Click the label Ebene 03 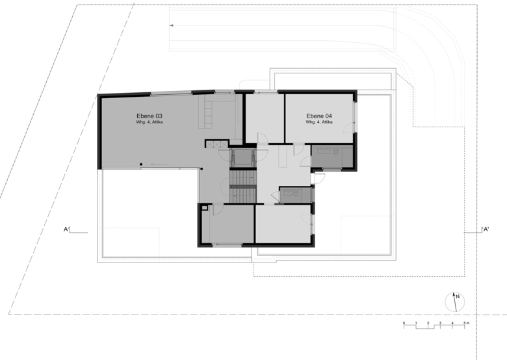tap(149, 116)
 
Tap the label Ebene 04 tap(319, 116)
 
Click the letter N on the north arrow tap(458, 297)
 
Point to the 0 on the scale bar tap(404, 323)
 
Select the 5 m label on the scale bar tap(466, 323)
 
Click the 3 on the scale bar tap(440, 323)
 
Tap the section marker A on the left tap(66, 229)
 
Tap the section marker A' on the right tap(486, 229)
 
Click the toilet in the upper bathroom tap(335, 151)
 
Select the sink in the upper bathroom tap(322, 151)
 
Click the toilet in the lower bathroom tap(296, 193)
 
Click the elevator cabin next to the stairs tap(242, 157)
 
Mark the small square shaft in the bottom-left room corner tap(204, 208)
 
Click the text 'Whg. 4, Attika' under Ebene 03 tap(149, 122)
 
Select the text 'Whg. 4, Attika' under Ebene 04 tap(319, 122)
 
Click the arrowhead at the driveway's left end tap(172, 25)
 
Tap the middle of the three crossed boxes tap(216, 144)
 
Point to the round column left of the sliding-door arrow tap(141, 164)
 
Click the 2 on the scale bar tap(428, 323)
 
